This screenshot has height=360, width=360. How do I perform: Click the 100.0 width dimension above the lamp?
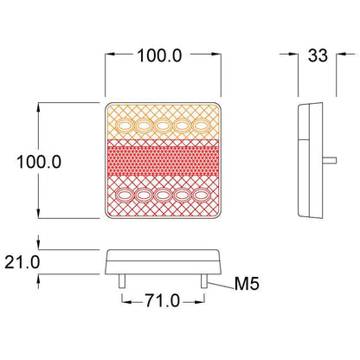click(x=159, y=55)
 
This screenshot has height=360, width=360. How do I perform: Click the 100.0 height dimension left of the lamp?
click(x=39, y=162)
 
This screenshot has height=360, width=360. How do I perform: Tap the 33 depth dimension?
click(x=318, y=55)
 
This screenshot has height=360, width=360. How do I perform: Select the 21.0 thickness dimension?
click(x=22, y=262)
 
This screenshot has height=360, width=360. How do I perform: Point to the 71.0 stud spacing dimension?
click(x=163, y=300)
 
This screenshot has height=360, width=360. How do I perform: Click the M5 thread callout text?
click(x=247, y=283)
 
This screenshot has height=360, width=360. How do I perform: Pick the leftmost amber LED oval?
click(x=125, y=125)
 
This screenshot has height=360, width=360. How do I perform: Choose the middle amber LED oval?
click(x=163, y=125)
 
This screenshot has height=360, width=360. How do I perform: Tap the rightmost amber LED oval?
click(x=202, y=125)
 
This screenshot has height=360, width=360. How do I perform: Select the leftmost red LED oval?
click(x=124, y=196)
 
